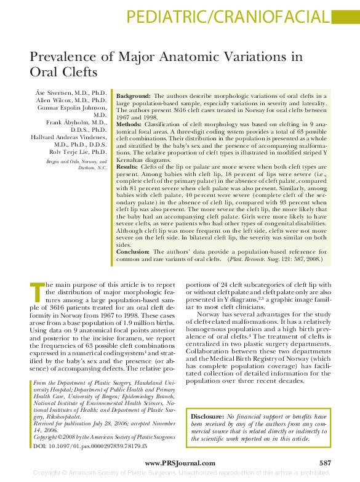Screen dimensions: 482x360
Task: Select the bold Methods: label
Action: (x=130, y=124)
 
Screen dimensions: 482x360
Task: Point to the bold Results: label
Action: (x=127, y=167)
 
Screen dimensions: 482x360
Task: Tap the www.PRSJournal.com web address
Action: (x=180, y=463)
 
